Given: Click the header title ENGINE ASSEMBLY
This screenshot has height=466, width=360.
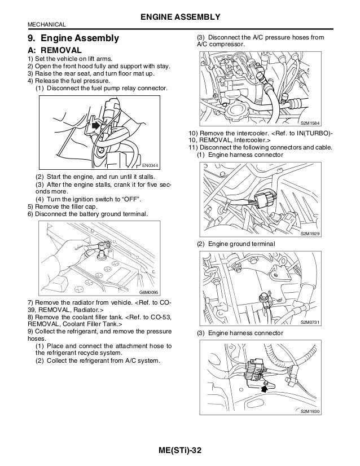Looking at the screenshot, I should click(180, 15).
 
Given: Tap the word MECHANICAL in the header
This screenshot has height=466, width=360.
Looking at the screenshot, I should click(46, 24).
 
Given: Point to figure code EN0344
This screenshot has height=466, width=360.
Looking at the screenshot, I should click(151, 165).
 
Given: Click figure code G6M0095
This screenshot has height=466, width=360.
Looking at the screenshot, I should click(150, 292).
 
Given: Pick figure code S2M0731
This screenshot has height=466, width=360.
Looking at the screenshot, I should click(310, 322).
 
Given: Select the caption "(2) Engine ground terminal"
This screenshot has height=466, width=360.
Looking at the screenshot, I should click(236, 243).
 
